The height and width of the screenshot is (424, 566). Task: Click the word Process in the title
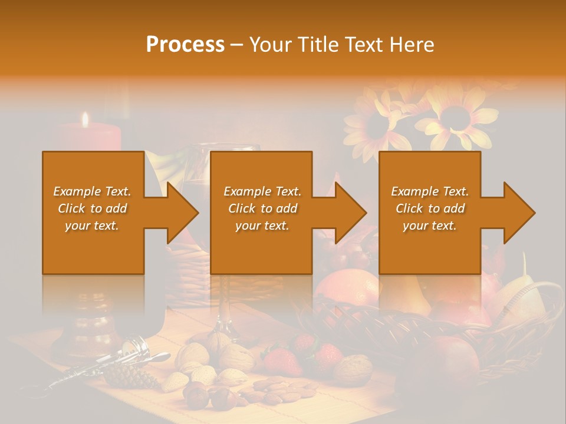tap(185, 44)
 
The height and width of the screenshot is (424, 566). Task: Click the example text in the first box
tap(93, 208)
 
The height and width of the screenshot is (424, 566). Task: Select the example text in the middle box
tap(262, 208)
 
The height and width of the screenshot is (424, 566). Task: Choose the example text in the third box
tap(429, 208)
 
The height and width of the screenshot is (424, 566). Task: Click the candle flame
tap(85, 120)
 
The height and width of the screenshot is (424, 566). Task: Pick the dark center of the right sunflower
tap(456, 118)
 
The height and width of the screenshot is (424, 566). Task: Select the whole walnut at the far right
tap(353, 370)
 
